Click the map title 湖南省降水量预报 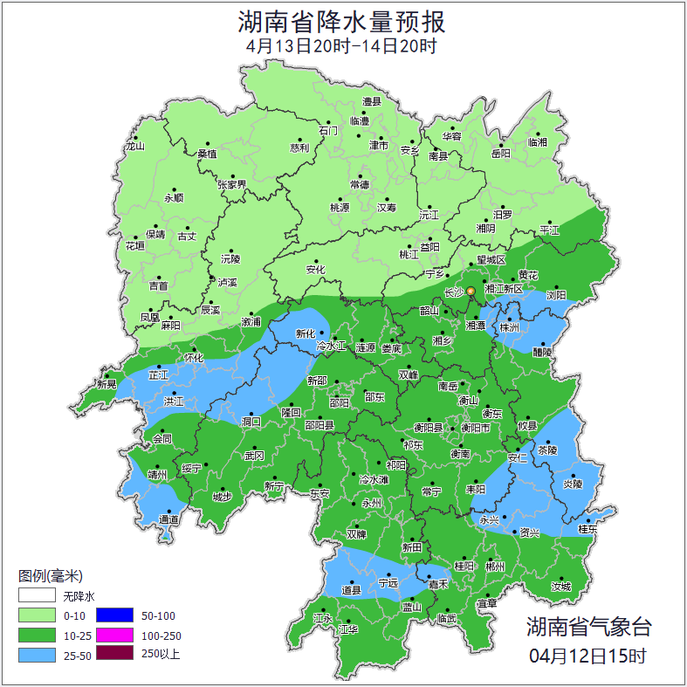tap(343, 21)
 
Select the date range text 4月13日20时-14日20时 tap(342, 46)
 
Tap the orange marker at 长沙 tap(471, 291)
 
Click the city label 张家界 tap(232, 184)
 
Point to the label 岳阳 tap(500, 154)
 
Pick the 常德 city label tap(360, 184)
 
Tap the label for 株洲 tap(509, 328)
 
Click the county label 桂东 tap(588, 529)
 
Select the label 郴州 tap(495, 567)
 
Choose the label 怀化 tap(194, 358)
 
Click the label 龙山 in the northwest tap(134, 146)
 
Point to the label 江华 tap(348, 629)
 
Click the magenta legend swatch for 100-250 tap(114, 635)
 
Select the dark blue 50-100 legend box tap(114, 615)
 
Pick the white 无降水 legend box tap(38, 596)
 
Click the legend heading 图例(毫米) tap(50, 576)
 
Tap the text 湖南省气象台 tap(588, 627)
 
